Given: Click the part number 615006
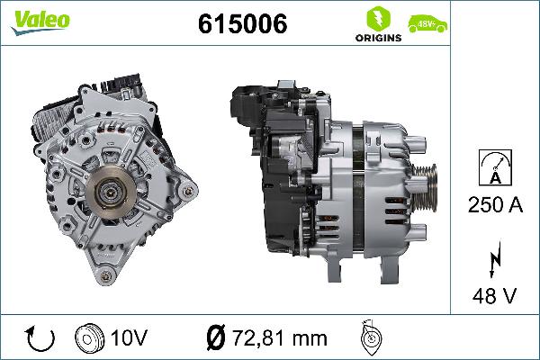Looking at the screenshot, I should tap(242, 25).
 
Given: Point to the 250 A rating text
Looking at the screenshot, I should tap(495, 205).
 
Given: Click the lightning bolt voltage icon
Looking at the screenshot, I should tap(494, 259).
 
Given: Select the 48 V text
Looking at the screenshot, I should tap(495, 295).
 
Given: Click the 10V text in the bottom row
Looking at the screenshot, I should tap(130, 337).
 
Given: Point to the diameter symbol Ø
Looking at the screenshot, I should tap(215, 337).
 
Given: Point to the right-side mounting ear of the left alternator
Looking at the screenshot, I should tap(187, 192).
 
